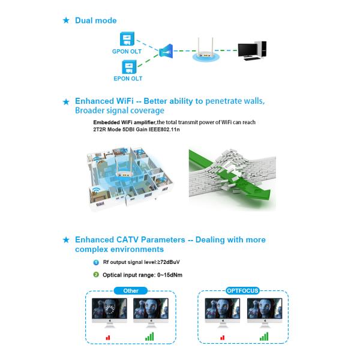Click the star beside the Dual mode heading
[x=66, y=21]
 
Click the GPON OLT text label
[x=126, y=52]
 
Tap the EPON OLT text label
[x=127, y=78]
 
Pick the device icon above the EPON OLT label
[x=127, y=65]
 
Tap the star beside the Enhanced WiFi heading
[x=66, y=102]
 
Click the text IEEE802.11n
[x=166, y=130]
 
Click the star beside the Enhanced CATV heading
[x=66, y=241]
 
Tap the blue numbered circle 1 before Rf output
[x=96, y=262]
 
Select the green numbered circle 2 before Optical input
[x=96, y=275]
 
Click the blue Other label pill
[x=130, y=290]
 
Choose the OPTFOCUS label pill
[x=243, y=290]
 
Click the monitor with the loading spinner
[x=109, y=312]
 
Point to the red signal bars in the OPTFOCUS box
[x=223, y=337]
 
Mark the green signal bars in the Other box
[x=149, y=336]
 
